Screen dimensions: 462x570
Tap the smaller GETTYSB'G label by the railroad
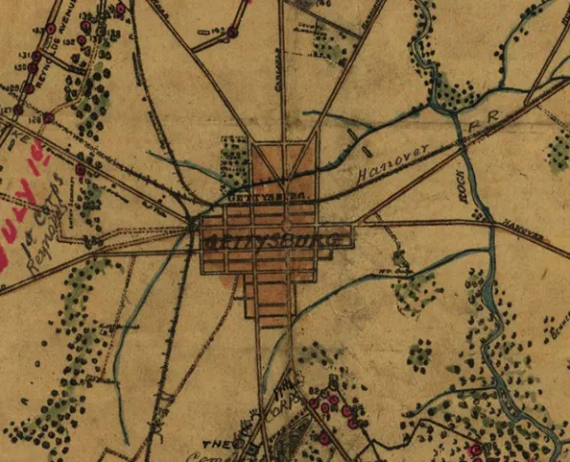coord(254,196)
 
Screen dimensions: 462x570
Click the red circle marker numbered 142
coord(231,31)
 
